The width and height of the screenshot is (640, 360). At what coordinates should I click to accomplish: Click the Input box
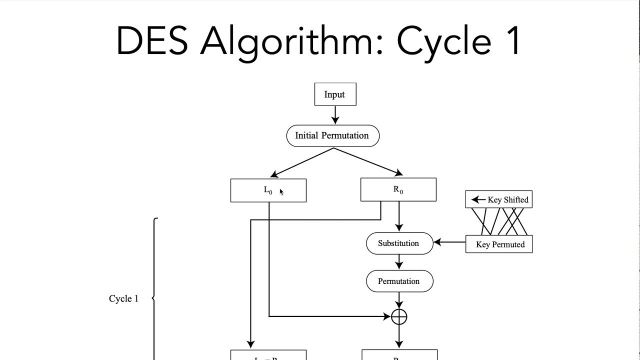tap(335, 94)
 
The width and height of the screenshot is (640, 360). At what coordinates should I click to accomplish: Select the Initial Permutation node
tap(332, 135)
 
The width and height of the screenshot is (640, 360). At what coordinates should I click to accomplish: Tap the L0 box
tap(268, 190)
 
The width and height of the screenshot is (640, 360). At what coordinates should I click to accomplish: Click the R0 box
tap(398, 190)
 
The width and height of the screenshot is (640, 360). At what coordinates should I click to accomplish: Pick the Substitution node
tap(399, 243)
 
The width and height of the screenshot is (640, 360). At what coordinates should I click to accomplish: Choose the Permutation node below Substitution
tap(399, 281)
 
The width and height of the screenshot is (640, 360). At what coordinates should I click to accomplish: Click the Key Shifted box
tap(498, 199)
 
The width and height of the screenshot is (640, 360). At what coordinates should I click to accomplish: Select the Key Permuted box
tap(499, 244)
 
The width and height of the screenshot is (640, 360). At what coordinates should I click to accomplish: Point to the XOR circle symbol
tap(399, 316)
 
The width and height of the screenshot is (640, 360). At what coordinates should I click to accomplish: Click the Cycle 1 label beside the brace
tap(123, 298)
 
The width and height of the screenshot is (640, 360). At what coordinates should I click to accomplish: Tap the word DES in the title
tap(151, 41)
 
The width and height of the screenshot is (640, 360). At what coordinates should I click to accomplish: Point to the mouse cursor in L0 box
tap(281, 192)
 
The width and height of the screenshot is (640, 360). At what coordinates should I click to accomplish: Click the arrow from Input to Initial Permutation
tap(335, 115)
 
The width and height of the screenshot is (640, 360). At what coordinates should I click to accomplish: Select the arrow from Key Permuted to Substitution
tap(449, 242)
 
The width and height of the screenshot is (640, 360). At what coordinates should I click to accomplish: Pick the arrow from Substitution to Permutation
tap(399, 262)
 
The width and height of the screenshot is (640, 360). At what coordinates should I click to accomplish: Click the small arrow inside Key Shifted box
tap(478, 199)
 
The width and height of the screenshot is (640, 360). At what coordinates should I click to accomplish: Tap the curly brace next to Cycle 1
tap(154, 298)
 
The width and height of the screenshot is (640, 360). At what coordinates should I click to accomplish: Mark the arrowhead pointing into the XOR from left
tap(387, 316)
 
